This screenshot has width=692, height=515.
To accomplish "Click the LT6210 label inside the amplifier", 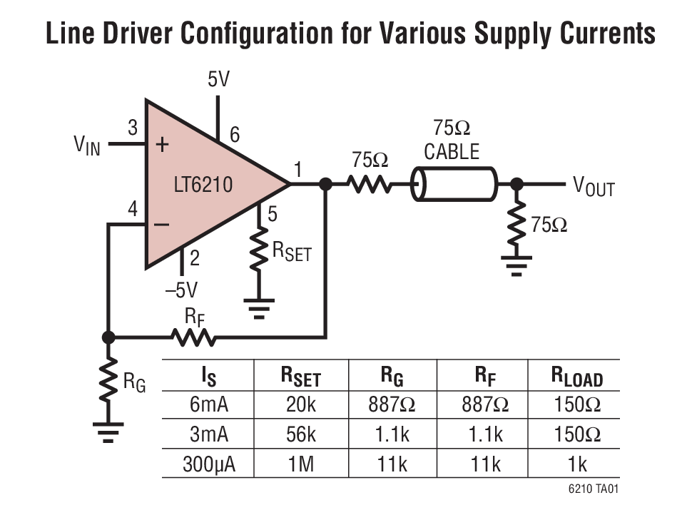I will (203, 185).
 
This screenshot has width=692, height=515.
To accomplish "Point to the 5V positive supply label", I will (219, 79).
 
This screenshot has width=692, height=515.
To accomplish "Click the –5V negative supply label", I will (181, 290).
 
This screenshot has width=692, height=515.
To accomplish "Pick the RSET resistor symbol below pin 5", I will (258, 249).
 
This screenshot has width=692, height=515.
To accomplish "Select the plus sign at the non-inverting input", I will (162, 145).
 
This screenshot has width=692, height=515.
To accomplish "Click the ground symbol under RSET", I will (258, 307).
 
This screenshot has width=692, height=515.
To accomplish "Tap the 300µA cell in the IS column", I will (208, 464).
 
